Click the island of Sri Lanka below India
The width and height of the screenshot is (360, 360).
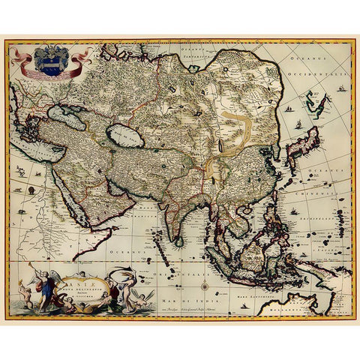[x=178, y=240]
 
